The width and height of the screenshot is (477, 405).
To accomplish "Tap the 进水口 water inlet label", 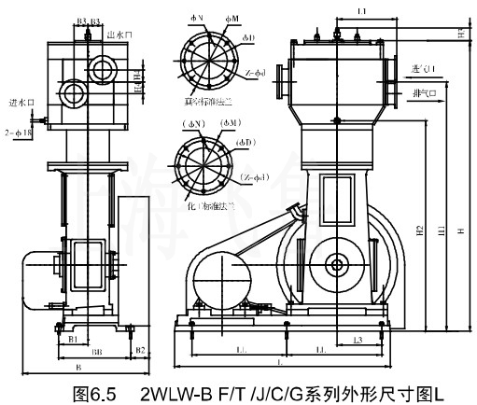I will (20, 103).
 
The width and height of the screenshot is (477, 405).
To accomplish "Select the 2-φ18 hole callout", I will (18, 133).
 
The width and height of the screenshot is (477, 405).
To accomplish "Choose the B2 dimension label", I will (139, 350).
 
